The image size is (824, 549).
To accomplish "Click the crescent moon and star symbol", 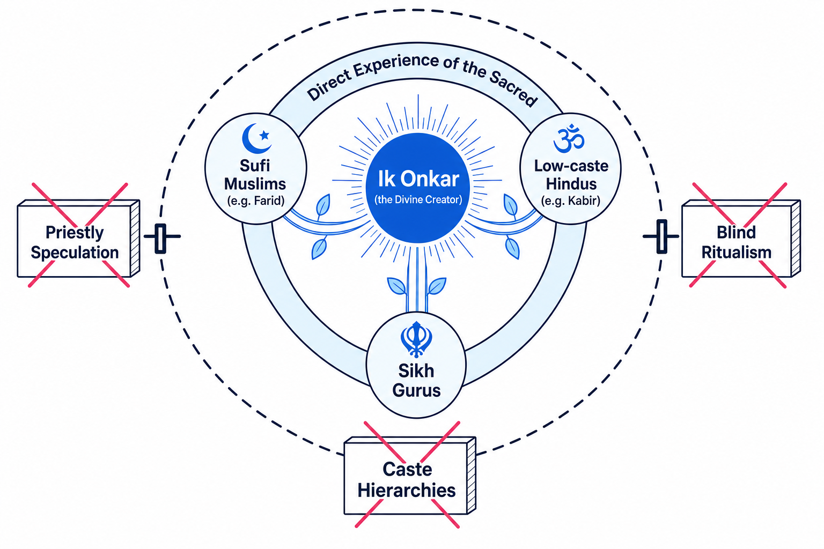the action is coord(256,138).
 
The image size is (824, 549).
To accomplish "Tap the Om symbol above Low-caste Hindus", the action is coord(569,139).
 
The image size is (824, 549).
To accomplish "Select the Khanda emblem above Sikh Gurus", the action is coord(416,339).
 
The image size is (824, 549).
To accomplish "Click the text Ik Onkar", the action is coord(418,179).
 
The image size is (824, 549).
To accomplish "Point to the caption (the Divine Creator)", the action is coord(418,199).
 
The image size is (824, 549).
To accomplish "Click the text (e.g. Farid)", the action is coord(256,201).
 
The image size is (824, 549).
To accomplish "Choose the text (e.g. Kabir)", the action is coord(571,201).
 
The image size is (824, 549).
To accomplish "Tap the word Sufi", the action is coord(255,166).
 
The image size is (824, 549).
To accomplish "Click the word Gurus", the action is coord(416,390).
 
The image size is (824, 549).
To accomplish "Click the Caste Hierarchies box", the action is coord(410,476).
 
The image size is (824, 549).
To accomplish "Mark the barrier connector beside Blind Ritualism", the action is coord(661,236).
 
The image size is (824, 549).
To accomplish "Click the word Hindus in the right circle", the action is coord(571,184).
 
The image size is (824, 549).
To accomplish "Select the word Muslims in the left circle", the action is coord(255,184).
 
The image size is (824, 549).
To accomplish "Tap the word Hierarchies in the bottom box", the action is coord(407,491).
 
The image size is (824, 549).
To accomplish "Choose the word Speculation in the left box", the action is coord(75,253).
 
